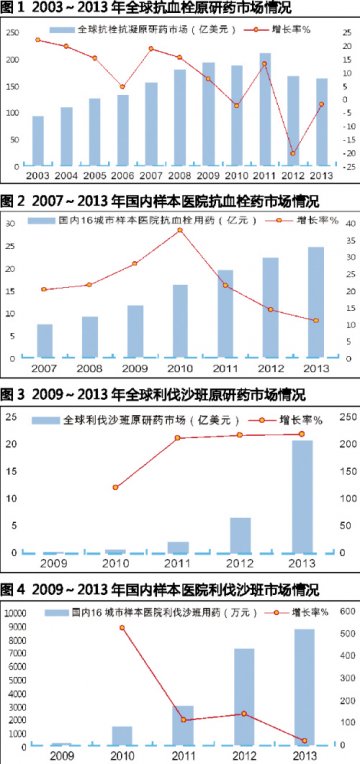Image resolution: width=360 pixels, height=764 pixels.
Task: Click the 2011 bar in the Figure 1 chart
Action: (x=265, y=109)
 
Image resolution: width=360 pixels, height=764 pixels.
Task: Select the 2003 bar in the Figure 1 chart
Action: (x=38, y=140)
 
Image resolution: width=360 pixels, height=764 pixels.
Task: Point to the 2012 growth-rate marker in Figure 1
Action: (x=293, y=153)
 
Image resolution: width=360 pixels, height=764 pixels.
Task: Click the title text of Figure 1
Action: (x=140, y=8)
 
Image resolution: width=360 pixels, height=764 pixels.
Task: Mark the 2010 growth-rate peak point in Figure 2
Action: (x=180, y=230)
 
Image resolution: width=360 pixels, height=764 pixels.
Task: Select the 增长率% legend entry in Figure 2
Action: (x=316, y=218)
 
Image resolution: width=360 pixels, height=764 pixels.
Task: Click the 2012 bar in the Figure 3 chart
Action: (x=240, y=534)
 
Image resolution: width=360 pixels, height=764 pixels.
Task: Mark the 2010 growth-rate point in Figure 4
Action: (x=122, y=628)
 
